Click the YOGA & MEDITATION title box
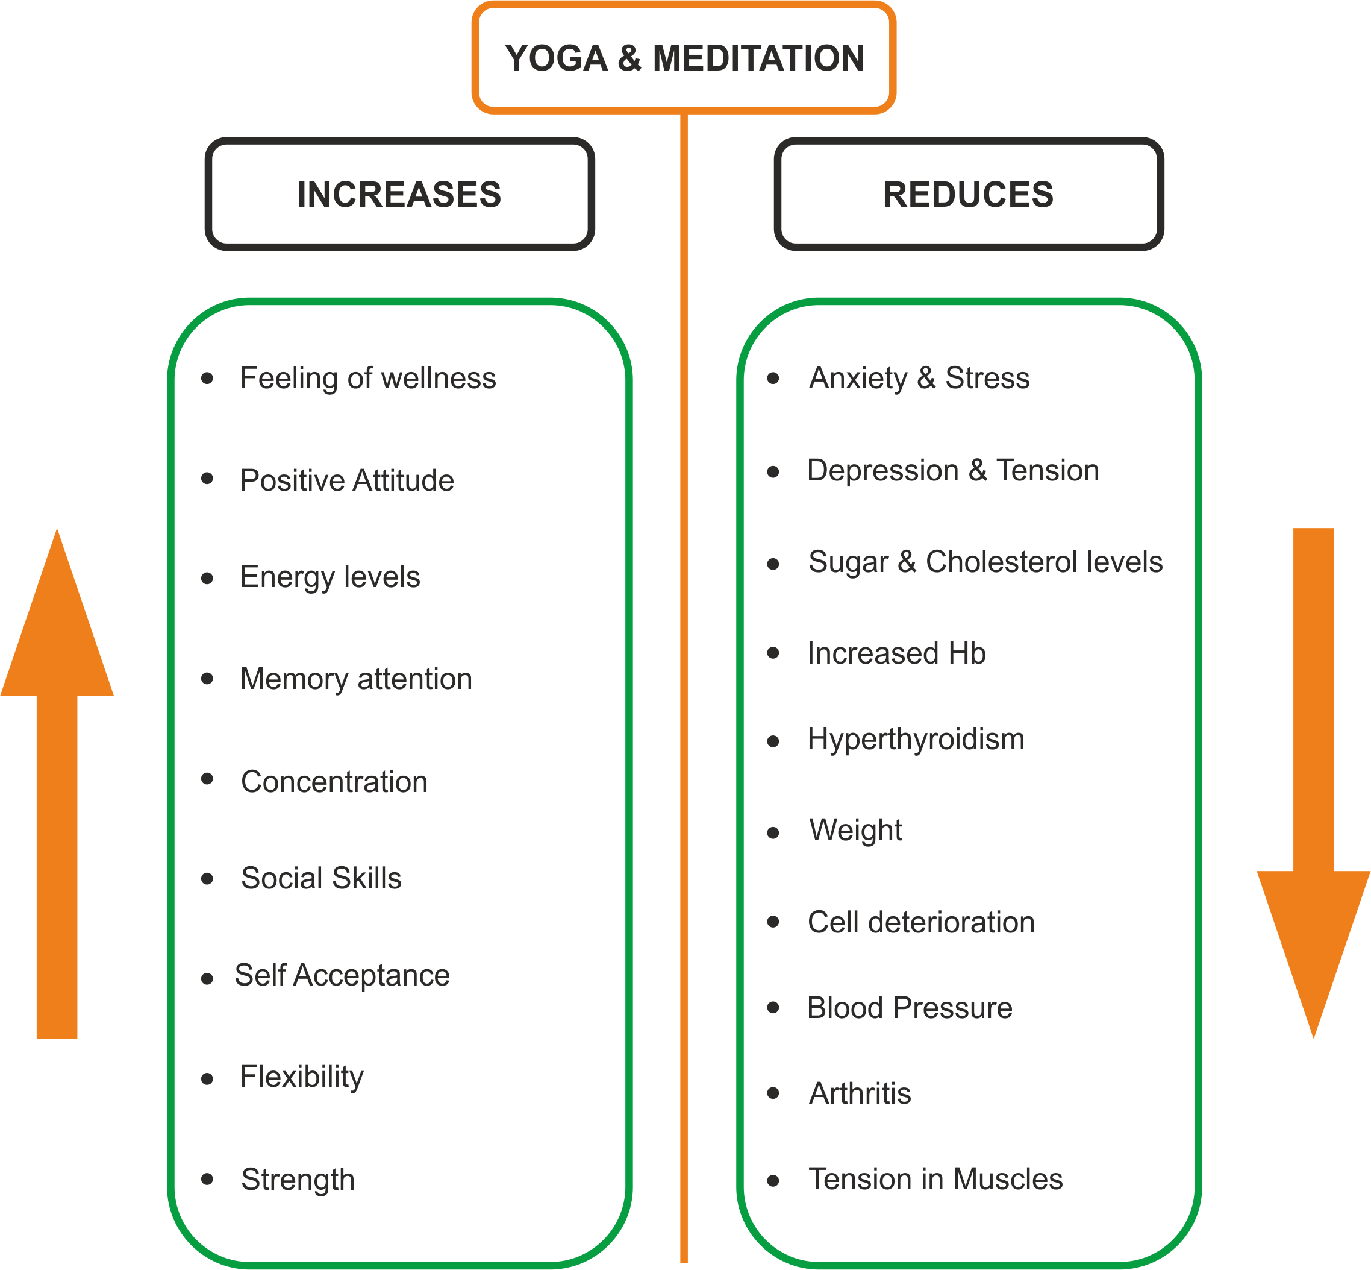[684, 58]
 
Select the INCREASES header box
[399, 194]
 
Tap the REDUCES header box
[968, 194]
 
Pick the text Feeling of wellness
[367, 378]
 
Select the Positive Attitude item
[347, 480]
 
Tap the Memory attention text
[356, 679]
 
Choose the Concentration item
[334, 781]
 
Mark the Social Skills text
[321, 878]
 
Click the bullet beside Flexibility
[207, 1079]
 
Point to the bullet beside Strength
[207, 1179]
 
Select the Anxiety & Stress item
[919, 378]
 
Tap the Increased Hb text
[896, 653]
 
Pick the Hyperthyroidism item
[916, 740]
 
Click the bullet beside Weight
[773, 833]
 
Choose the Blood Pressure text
[910, 1007]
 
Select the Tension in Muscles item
[935, 1178]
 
